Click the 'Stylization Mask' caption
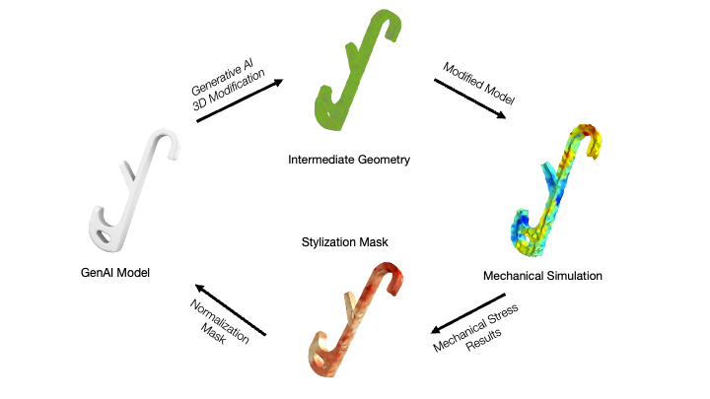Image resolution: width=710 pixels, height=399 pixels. point(341,237)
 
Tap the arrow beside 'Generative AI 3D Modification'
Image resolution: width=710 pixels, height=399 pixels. point(240,100)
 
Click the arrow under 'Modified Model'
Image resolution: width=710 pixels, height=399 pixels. point(469,100)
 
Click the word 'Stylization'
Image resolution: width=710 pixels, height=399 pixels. point(324,237)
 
